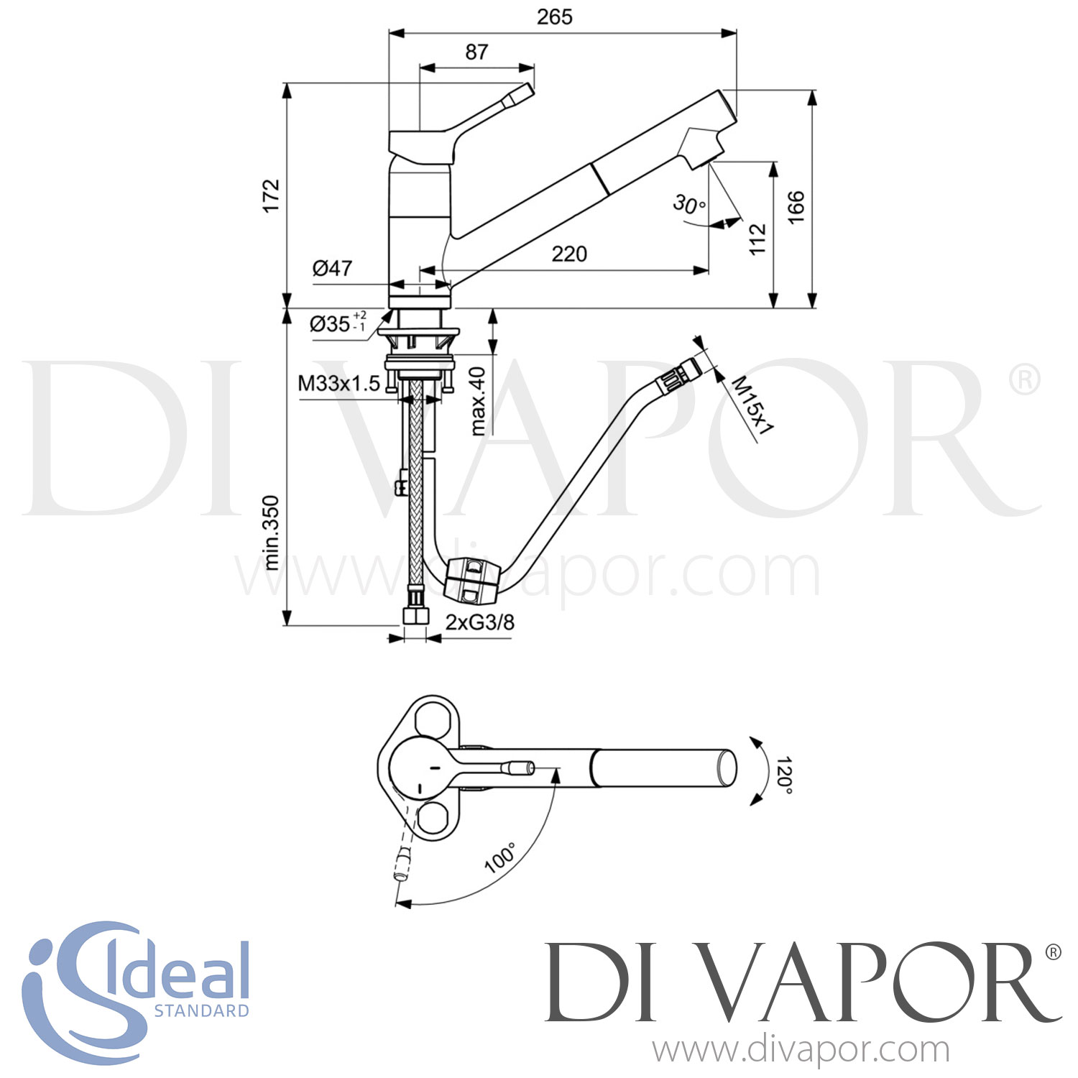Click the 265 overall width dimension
pyautogui.click(x=554, y=17)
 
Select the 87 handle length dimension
pyautogui.click(x=476, y=52)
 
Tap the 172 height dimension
pyautogui.click(x=271, y=195)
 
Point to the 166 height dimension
pyautogui.click(x=796, y=207)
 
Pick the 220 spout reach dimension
pyautogui.click(x=569, y=254)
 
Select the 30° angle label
pyautogui.click(x=689, y=205)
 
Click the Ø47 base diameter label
pyautogui.click(x=333, y=268)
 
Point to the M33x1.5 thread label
pyautogui.click(x=338, y=384)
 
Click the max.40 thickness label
pyautogui.click(x=479, y=401)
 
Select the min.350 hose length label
pyautogui.click(x=271, y=533)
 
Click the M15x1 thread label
pyautogui.click(x=752, y=406)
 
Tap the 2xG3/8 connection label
pyautogui.click(x=479, y=622)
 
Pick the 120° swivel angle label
pyautogui.click(x=783, y=775)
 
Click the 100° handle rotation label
pyautogui.click(x=500, y=857)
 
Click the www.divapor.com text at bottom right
pyautogui.click(x=801, y=1051)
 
